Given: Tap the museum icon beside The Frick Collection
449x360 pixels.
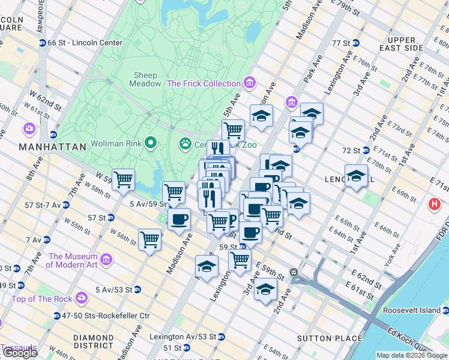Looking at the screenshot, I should tap(250, 83).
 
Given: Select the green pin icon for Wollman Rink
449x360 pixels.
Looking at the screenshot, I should tap(150, 144).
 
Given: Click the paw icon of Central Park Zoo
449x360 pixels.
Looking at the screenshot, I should tap(185, 144).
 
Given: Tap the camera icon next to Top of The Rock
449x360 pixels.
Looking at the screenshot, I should tap(81, 298).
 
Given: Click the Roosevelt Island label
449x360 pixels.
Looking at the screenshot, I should tap(412, 311).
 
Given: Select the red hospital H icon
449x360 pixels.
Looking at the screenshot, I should tap(435, 205).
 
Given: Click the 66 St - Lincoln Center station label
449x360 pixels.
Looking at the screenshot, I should tap(85, 43).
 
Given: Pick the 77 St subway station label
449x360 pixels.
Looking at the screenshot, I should tap(340, 43).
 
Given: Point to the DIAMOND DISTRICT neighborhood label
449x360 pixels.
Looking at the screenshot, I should tap(94, 341).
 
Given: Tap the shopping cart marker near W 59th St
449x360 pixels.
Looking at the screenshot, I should tap(123, 179).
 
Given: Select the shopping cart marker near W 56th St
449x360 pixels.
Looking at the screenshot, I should tap(149, 239).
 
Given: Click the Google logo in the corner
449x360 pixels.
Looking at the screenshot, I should tap(19, 353).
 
